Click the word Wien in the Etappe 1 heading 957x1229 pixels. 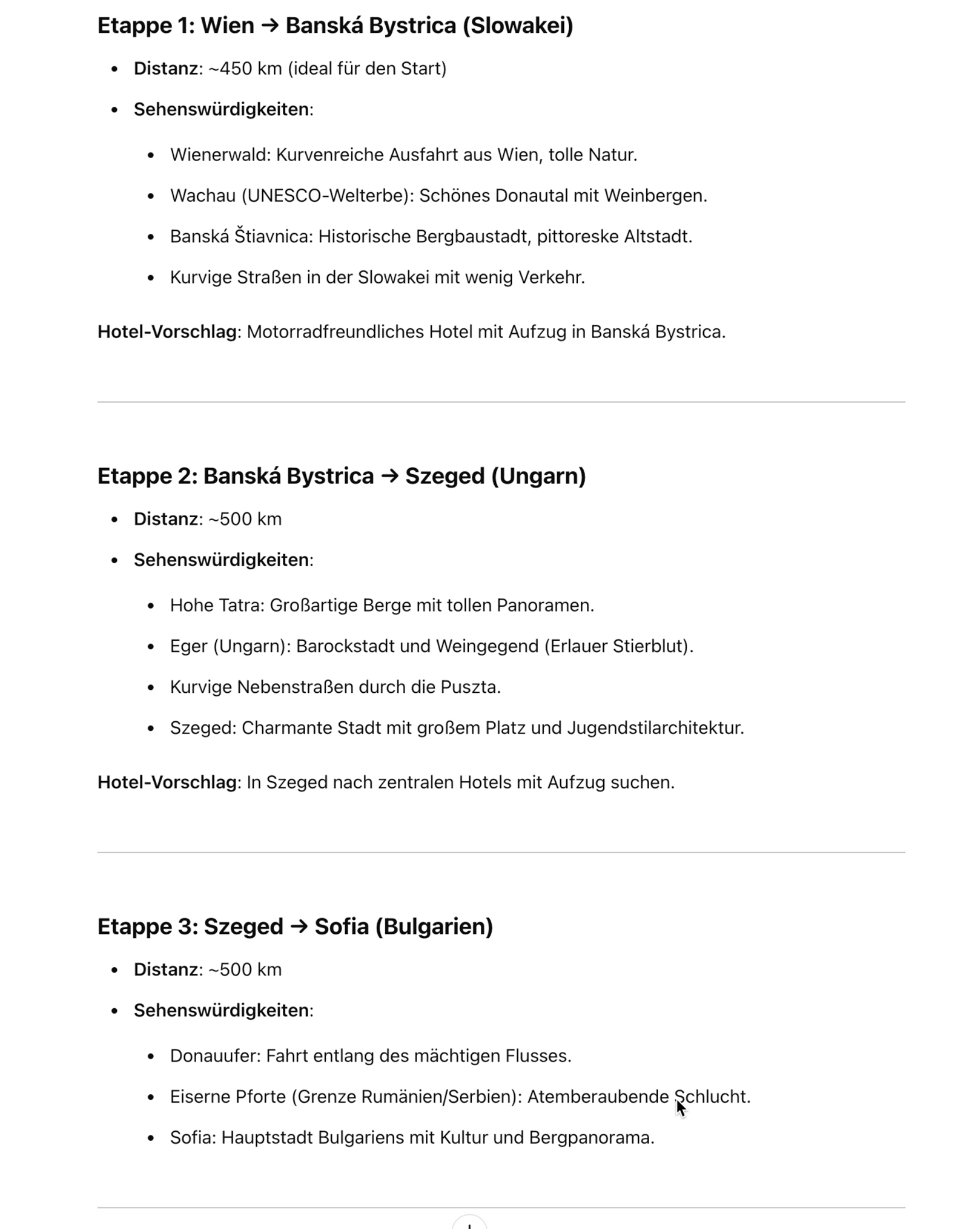click(228, 26)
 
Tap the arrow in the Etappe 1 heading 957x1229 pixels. click(270, 26)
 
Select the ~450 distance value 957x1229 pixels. click(231, 69)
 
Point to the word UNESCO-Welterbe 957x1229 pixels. click(328, 196)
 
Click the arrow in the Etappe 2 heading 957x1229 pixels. click(389, 476)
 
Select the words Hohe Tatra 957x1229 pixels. click(216, 606)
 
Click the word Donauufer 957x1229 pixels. click(215, 1056)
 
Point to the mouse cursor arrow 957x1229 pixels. click(681, 1108)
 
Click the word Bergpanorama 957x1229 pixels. click(590, 1138)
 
